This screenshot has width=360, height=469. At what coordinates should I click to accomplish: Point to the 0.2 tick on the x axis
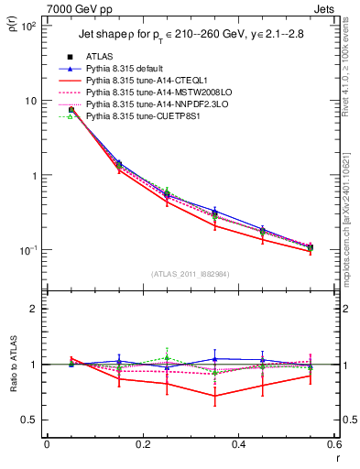[x=142, y=444]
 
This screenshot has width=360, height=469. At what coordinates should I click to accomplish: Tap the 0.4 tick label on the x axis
[x=238, y=444]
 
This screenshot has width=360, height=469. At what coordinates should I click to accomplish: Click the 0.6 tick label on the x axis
[x=333, y=444]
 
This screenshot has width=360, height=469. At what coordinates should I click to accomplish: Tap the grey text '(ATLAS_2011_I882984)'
[x=190, y=274]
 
